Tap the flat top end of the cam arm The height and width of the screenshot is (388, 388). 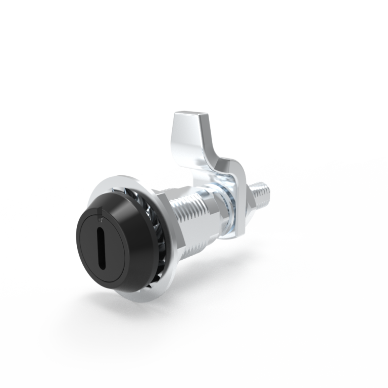pyautogui.click(x=191, y=122)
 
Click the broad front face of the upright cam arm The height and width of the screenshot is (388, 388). pyautogui.click(x=189, y=147)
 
